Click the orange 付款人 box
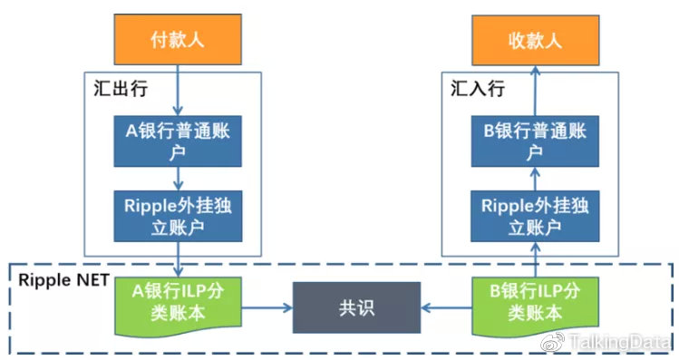click(x=179, y=39)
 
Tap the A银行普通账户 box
click(x=179, y=141)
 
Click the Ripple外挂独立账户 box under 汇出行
click(x=179, y=215)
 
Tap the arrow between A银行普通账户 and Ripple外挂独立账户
click(x=179, y=177)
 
